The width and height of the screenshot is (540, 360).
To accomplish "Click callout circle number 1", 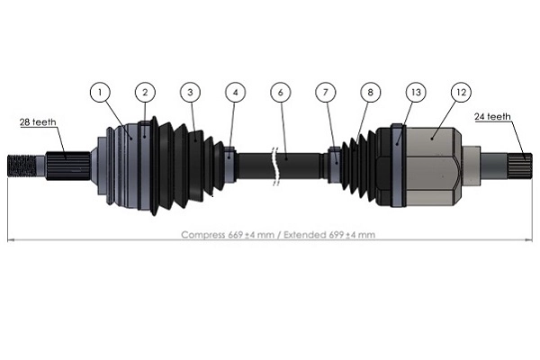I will [x=101, y=92].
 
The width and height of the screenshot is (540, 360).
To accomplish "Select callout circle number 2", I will [x=144, y=92].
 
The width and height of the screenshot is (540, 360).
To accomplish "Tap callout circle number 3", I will [x=189, y=92].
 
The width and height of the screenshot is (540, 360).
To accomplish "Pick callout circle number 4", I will [x=235, y=92].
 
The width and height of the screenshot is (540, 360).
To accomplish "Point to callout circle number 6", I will [x=281, y=92].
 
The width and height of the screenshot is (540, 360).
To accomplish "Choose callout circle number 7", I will [x=326, y=92].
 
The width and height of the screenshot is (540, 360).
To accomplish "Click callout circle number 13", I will [x=414, y=92].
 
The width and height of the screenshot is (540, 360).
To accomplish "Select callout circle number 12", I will [x=461, y=92].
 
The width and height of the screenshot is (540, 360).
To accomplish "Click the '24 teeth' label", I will [x=493, y=116].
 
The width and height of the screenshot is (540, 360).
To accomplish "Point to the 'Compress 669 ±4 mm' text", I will [x=224, y=234].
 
